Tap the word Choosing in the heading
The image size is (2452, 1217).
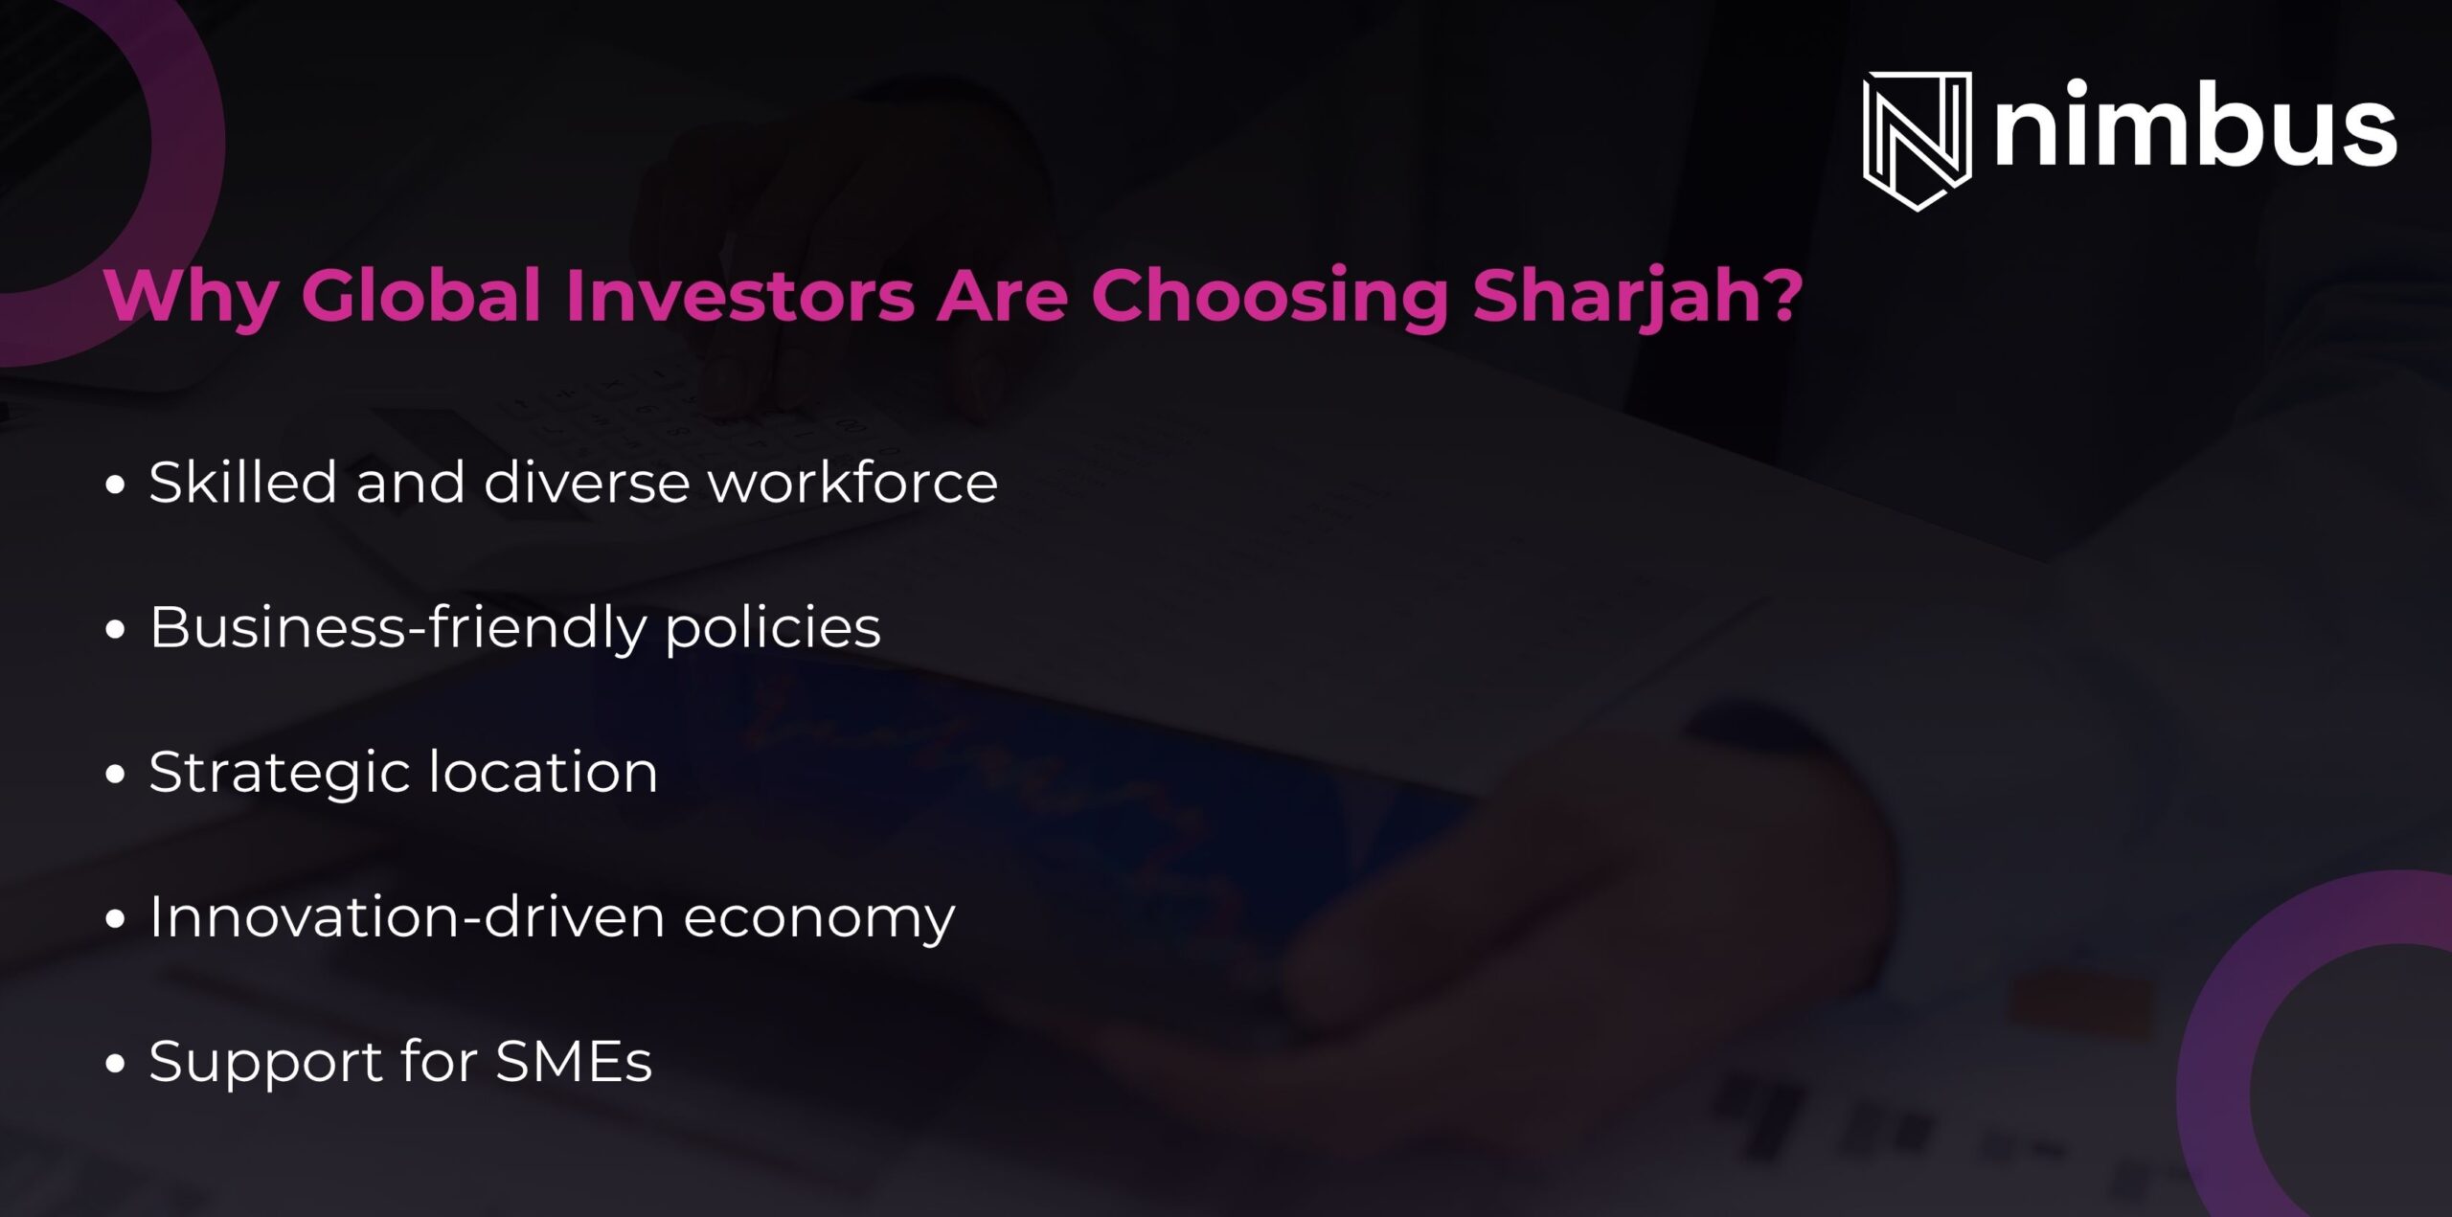pyautogui.click(x=1269, y=297)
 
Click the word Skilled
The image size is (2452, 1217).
pyautogui.click(x=242, y=482)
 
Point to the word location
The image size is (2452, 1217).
pyautogui.click(x=543, y=772)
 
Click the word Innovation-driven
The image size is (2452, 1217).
pyautogui.click(x=407, y=917)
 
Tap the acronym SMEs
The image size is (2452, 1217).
pyautogui.click(x=574, y=1062)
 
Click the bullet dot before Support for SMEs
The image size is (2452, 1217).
pyautogui.click(x=116, y=1063)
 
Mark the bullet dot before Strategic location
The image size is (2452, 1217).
pyautogui.click(x=116, y=774)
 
